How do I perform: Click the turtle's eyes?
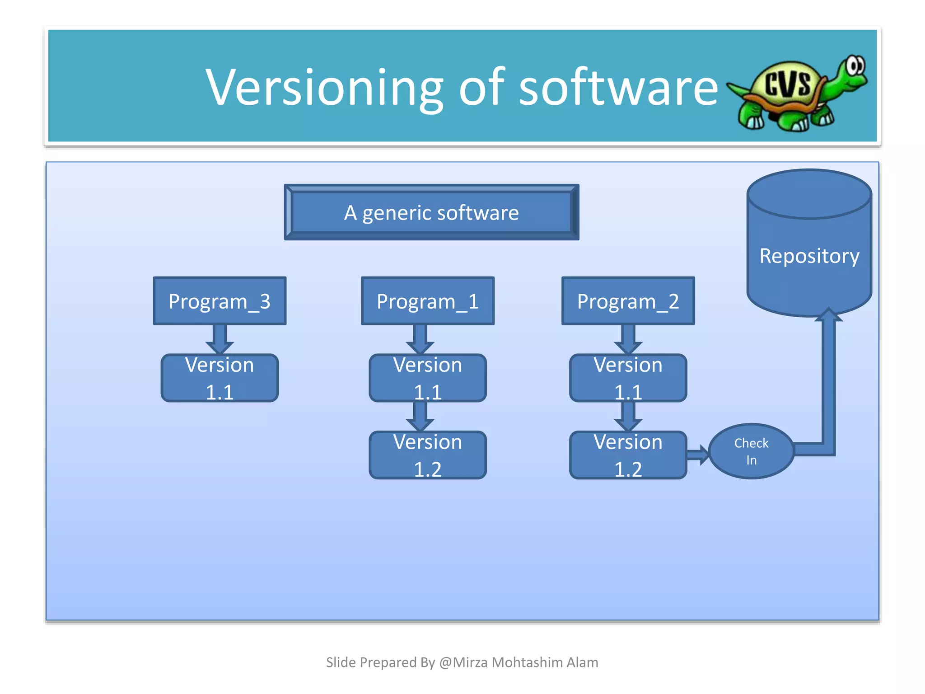(x=855, y=66)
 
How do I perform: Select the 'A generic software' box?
(x=431, y=212)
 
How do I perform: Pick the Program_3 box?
(x=220, y=301)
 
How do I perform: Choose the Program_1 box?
(x=428, y=301)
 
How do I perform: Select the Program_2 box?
(x=628, y=301)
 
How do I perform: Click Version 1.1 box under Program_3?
(x=220, y=378)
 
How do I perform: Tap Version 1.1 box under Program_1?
(x=428, y=378)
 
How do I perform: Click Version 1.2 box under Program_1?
(x=428, y=455)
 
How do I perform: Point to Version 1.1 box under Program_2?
(x=628, y=378)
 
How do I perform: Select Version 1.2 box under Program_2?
(x=628, y=455)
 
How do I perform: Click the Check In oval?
(x=751, y=451)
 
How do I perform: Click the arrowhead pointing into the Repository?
(x=829, y=315)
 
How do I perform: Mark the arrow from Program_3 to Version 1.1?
(x=220, y=339)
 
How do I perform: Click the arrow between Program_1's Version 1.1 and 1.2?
(x=420, y=416)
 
